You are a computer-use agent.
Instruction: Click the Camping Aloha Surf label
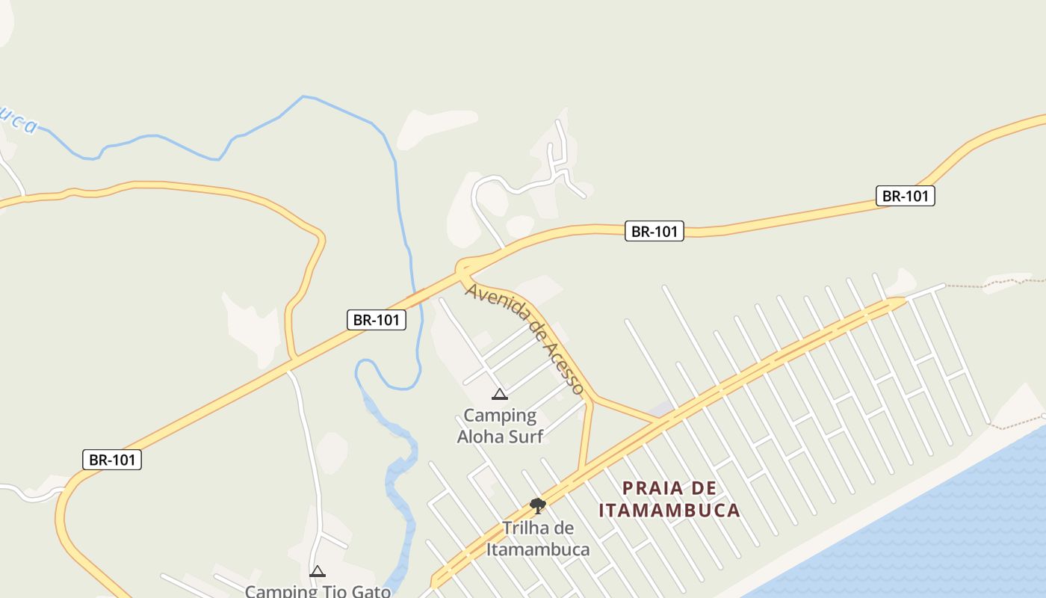pos(500,425)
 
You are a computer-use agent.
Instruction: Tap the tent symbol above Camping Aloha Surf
pos(500,395)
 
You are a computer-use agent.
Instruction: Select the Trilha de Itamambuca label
pos(537,538)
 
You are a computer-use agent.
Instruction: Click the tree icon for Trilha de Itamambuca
pos(537,506)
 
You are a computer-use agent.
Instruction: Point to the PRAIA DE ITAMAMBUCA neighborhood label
pos(669,499)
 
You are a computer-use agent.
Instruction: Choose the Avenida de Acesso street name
pos(524,338)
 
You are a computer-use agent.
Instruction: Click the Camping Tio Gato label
pos(318,591)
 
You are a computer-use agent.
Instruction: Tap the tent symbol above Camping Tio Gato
pos(318,572)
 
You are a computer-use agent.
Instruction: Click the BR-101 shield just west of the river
pos(377,320)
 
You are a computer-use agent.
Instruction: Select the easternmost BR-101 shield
pos(905,196)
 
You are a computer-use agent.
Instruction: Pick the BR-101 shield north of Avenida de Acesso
pos(654,231)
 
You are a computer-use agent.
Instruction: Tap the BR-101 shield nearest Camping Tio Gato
pos(112,460)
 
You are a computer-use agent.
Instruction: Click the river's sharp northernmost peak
pos(303,96)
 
